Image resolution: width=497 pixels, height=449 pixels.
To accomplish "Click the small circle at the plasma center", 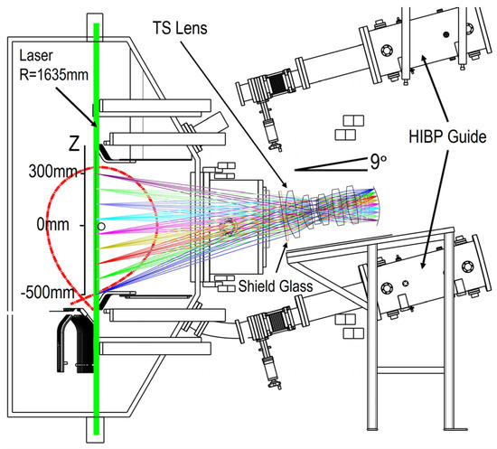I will click(x=101, y=225).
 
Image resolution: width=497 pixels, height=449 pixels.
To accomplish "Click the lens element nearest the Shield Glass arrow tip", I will click(x=293, y=221).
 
